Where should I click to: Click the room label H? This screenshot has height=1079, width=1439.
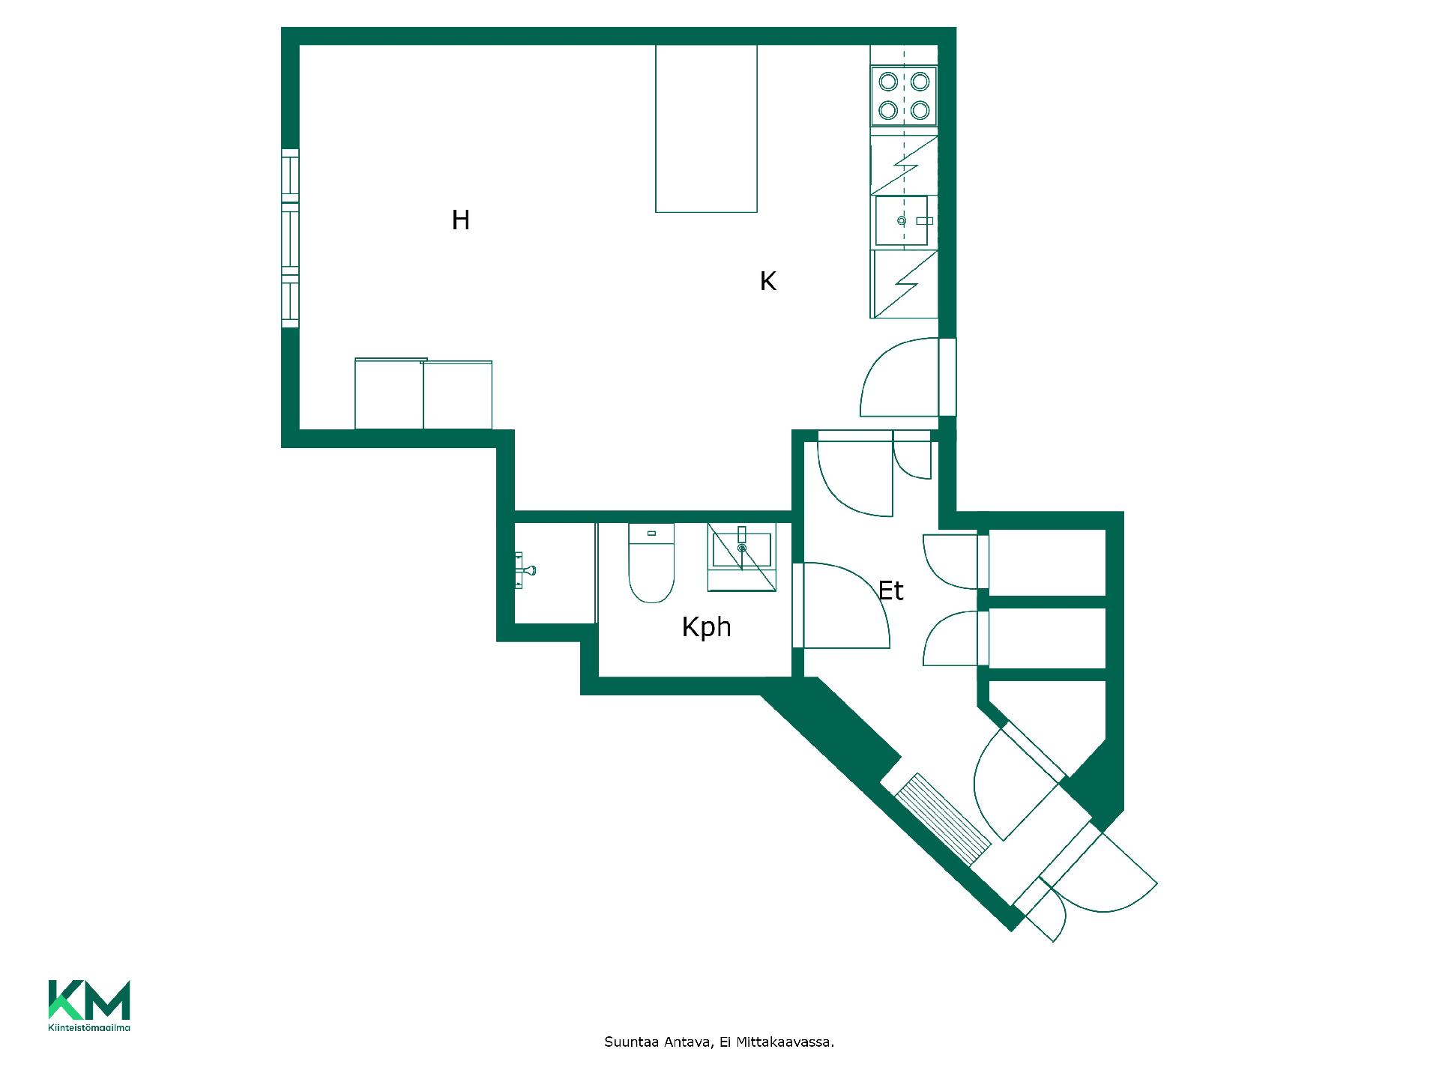point(461,220)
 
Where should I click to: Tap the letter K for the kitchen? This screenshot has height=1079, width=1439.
point(767,281)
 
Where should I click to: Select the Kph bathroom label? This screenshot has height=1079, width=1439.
point(706,627)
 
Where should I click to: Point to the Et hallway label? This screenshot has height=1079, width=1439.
point(890,591)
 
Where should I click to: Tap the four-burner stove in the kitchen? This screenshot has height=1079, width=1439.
point(903,97)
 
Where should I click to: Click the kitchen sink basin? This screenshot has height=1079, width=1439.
point(902,220)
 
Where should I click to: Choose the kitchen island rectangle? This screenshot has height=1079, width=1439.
point(706,128)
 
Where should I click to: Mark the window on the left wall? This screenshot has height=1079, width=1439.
point(290,238)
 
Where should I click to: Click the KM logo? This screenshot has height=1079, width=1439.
point(89,1000)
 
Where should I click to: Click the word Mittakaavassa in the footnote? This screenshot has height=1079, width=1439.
point(785,1042)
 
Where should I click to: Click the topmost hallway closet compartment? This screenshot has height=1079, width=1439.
point(1048,563)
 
